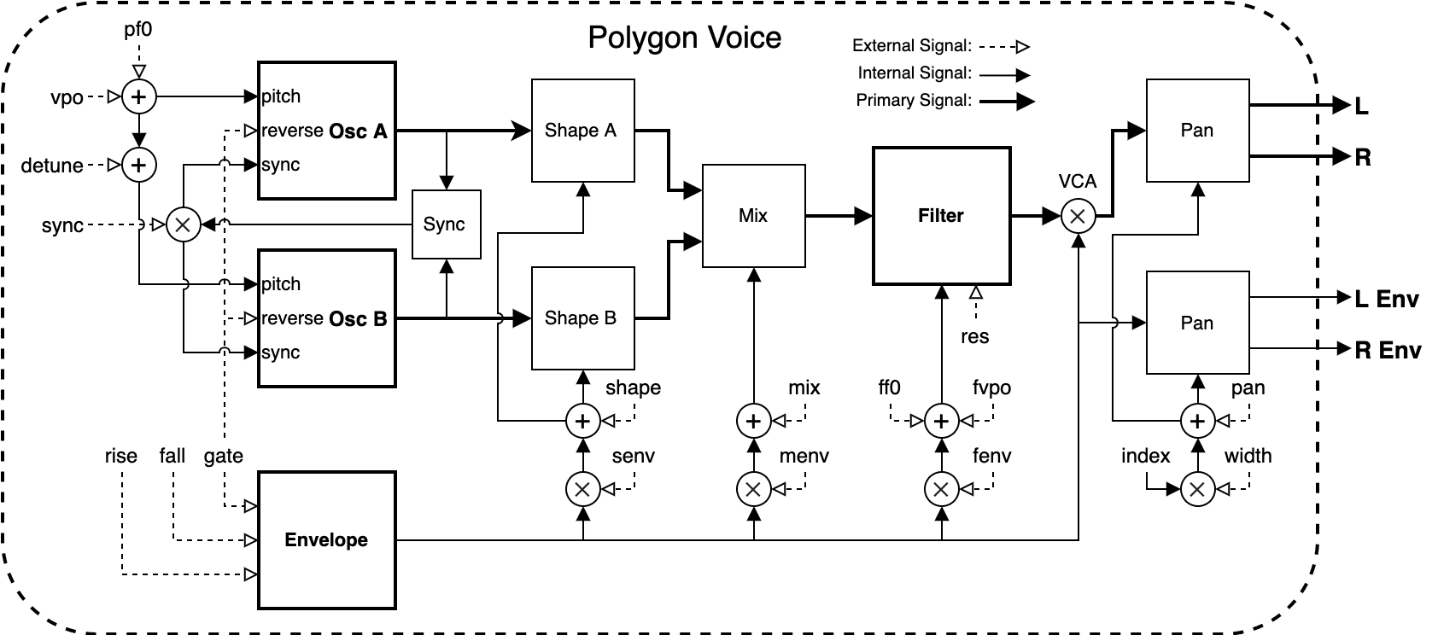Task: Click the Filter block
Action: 941,216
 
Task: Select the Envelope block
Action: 327,540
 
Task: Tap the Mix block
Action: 754,216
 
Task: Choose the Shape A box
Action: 583,131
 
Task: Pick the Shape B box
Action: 583,318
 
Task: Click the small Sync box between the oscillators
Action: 446,224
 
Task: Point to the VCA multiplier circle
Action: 1078,216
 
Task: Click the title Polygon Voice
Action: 684,38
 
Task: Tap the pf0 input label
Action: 138,30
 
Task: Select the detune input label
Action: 52,166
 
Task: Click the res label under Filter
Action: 974,336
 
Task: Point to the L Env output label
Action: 1386,299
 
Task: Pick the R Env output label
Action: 1388,350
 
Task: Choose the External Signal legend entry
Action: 941,46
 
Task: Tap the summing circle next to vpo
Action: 138,96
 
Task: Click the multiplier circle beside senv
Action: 583,489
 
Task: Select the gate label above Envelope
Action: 224,456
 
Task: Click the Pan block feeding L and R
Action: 1198,131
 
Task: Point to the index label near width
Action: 1145,456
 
